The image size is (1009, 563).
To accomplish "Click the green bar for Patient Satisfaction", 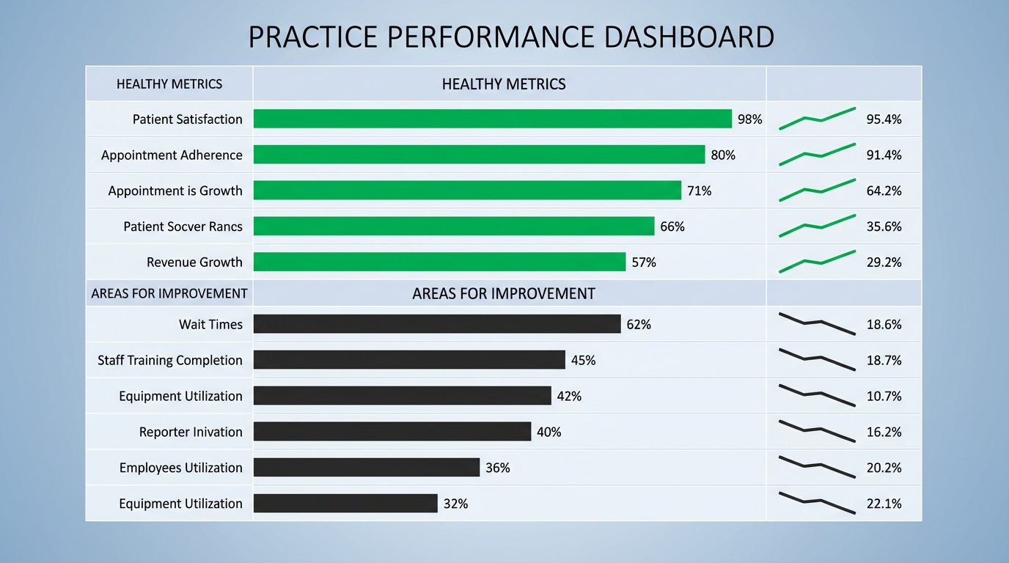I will tap(492, 119).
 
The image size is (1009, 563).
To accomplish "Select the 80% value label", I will tap(723, 155).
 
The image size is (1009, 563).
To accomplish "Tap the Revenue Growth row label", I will tap(194, 262).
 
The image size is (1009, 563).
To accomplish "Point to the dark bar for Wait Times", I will tap(437, 324).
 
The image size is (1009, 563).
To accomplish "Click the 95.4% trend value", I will tap(884, 119).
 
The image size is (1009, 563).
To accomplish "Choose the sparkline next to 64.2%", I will tap(817, 190).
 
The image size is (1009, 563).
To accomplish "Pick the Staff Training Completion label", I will tap(169, 360).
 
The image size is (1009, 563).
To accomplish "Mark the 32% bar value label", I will tap(455, 504).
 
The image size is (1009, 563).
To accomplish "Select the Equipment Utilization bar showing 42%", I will tap(402, 396).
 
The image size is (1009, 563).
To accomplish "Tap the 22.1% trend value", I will tap(884, 504).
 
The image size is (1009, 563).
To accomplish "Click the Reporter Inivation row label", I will tap(191, 432).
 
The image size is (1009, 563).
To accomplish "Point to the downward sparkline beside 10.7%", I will tap(817, 395).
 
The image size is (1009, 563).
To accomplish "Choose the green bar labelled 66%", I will tap(453, 226).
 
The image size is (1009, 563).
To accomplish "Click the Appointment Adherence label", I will tap(172, 155).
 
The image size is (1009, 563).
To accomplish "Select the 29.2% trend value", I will tap(884, 262).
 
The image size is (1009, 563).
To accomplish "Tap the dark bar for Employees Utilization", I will tap(366, 468).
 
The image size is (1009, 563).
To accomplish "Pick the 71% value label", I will tap(699, 191).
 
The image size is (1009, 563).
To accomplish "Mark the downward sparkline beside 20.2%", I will tap(817, 467).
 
